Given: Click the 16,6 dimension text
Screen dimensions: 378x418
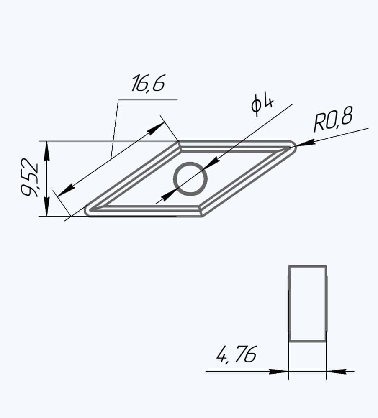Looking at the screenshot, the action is click(x=148, y=83).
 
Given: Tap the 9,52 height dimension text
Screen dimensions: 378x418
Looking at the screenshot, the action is click(x=30, y=178).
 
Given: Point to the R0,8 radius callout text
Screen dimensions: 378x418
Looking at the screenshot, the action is click(x=333, y=119).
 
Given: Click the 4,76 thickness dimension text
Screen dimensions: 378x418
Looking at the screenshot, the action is click(x=236, y=354).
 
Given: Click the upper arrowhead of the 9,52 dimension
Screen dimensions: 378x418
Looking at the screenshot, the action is click(x=47, y=151).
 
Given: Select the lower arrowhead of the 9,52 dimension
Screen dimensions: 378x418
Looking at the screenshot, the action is click(x=47, y=206).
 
